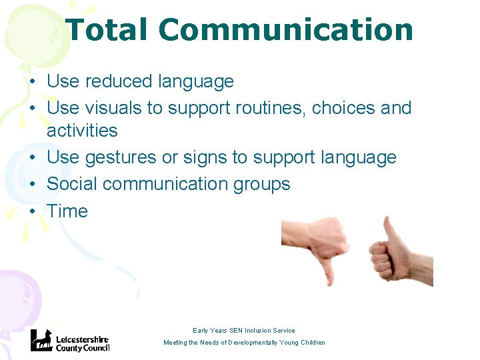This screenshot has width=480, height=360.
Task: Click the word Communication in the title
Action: tap(286, 30)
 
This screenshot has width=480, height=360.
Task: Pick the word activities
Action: tap(82, 131)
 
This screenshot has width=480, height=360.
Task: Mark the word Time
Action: tap(67, 211)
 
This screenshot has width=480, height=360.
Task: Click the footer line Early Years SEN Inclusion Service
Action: tap(244, 331)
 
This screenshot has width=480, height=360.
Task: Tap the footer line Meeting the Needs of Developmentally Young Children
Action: tap(245, 343)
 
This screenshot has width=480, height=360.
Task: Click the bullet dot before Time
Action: tap(32, 212)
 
